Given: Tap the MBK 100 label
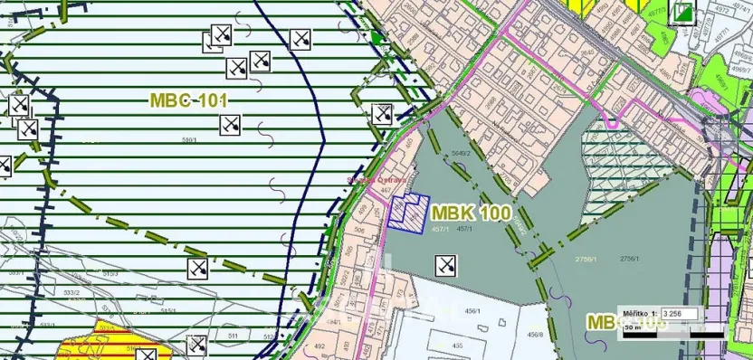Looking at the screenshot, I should tap(472, 214).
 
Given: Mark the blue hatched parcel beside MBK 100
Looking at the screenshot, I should tap(406, 215).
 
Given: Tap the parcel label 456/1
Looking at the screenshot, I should tap(472, 312).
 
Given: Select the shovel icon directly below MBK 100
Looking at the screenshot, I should tap(445, 266).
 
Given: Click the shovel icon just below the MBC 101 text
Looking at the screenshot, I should tap(231, 125).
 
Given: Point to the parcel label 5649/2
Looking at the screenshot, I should tap(462, 154).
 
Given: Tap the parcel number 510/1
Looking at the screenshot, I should tap(190, 140).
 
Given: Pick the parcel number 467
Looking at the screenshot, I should tap(386, 190).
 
